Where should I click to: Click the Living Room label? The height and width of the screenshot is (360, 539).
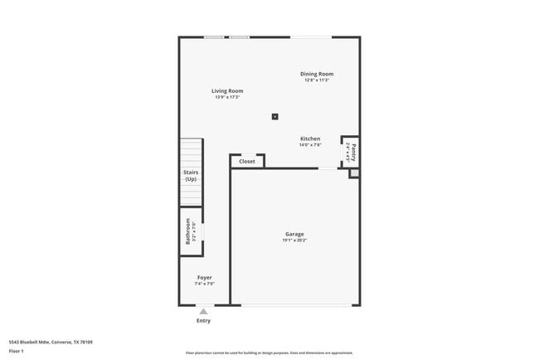pyautogui.click(x=226, y=90)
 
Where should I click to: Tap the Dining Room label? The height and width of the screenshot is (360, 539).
pyautogui.click(x=317, y=74)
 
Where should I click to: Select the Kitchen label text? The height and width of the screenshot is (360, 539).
pyautogui.click(x=310, y=139)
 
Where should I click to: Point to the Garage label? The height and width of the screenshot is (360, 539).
pyautogui.click(x=294, y=234)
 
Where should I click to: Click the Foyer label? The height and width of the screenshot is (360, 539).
pyautogui.click(x=204, y=277)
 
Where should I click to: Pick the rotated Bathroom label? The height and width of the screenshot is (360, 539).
pyautogui.click(x=188, y=231)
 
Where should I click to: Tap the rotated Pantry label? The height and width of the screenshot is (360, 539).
pyautogui.click(x=353, y=152)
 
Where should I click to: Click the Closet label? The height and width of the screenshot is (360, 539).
pyautogui.click(x=247, y=162)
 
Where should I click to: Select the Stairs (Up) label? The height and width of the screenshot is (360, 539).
pyautogui.click(x=191, y=176)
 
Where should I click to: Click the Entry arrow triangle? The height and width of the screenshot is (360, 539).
pyautogui.click(x=203, y=311)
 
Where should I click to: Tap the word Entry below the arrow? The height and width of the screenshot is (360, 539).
pyautogui.click(x=203, y=320)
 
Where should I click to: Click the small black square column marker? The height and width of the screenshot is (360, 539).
pyautogui.click(x=274, y=116)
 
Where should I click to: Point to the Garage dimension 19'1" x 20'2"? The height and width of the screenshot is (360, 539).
pyautogui.click(x=294, y=241)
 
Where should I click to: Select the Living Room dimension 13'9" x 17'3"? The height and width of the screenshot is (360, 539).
pyautogui.click(x=226, y=98)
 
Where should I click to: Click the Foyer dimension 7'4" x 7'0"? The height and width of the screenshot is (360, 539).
pyautogui.click(x=204, y=284)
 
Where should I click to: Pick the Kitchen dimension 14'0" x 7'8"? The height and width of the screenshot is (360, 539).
pyautogui.click(x=310, y=145)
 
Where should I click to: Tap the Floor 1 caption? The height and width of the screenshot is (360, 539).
pyautogui.click(x=17, y=351)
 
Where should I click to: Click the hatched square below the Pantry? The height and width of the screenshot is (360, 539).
pyautogui.click(x=354, y=173)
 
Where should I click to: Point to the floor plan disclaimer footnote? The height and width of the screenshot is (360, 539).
pyautogui.click(x=269, y=353)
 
